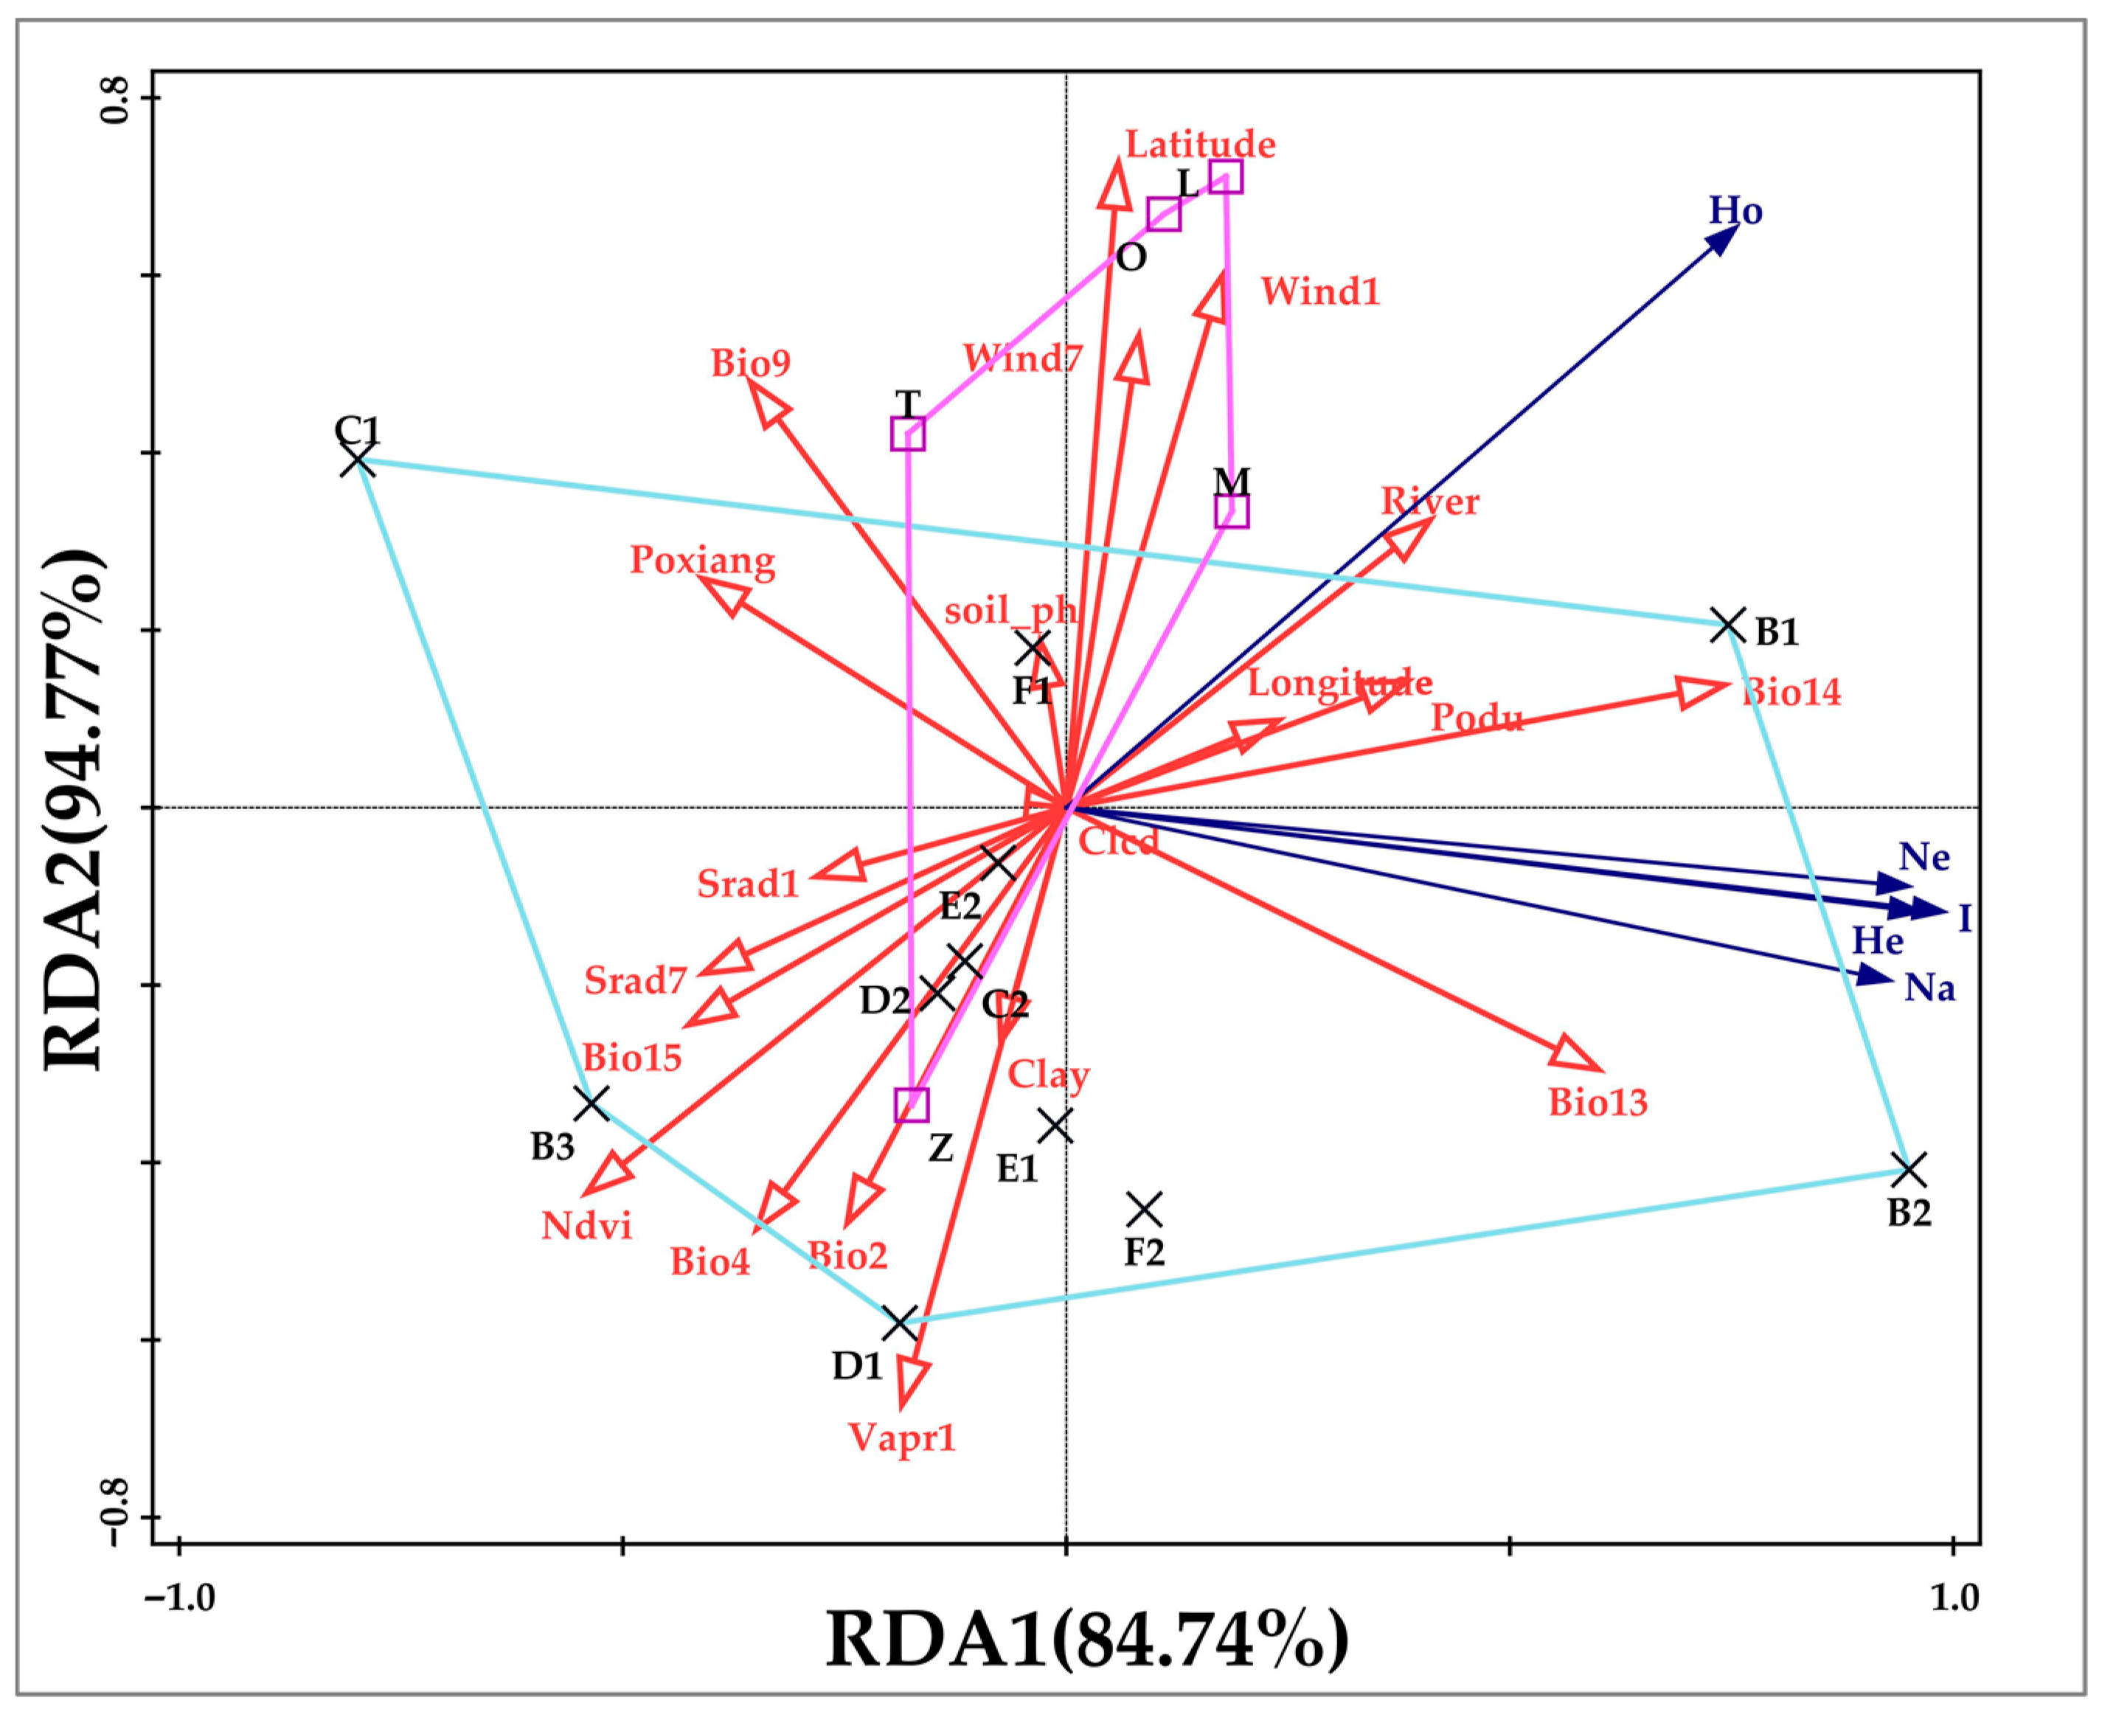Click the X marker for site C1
(x=358, y=460)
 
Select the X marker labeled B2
(x=1909, y=1171)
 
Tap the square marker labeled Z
(x=912, y=1105)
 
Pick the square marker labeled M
(x=1232, y=511)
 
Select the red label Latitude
(x=1200, y=145)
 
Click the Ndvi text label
(x=587, y=1226)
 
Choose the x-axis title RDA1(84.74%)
(x=1087, y=1639)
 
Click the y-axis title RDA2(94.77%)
(x=74, y=809)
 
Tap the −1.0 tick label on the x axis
(x=179, y=1597)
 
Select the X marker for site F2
(x=1144, y=1208)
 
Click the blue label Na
(x=1929, y=988)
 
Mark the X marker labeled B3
(x=592, y=1103)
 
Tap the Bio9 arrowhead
(x=769, y=403)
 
